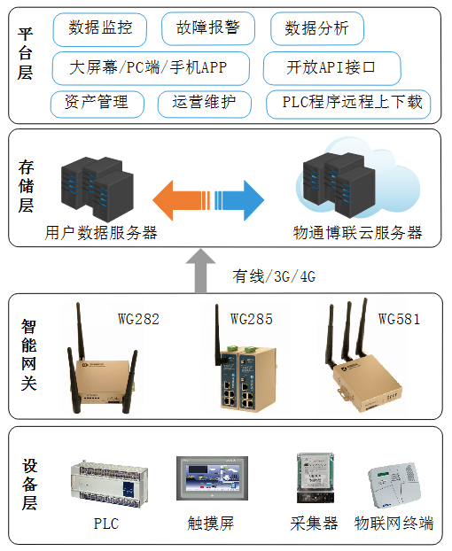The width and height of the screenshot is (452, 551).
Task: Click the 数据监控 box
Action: click(x=99, y=29)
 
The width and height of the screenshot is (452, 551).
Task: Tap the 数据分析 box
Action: click(x=316, y=29)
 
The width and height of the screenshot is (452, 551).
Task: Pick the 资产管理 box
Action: click(x=97, y=103)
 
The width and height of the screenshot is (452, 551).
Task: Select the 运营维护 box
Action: click(x=204, y=103)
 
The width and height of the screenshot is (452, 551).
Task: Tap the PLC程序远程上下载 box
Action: click(x=348, y=104)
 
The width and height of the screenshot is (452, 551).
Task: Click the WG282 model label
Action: click(x=138, y=319)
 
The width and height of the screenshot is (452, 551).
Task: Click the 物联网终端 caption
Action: click(x=394, y=523)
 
